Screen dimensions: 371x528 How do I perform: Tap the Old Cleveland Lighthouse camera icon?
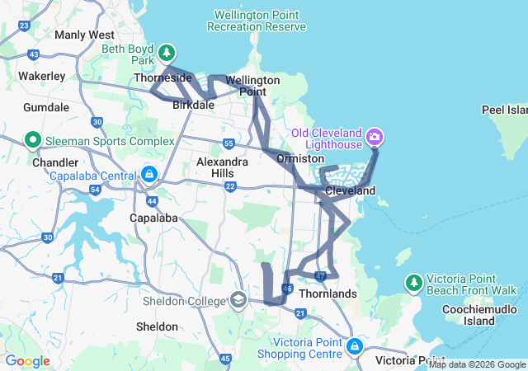pos(375,135)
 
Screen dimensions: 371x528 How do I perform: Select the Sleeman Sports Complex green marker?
pos(33,139)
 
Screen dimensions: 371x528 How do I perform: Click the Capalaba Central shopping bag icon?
pos(149,175)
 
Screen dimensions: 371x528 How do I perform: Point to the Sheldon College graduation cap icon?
pos(238,298)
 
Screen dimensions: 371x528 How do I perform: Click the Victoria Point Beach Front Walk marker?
pos(412,283)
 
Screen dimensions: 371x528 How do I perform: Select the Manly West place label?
pos(84,35)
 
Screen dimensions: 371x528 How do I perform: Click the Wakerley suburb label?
pos(42,76)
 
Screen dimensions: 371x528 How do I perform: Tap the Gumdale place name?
pos(46,108)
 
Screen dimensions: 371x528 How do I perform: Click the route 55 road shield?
pos(229,144)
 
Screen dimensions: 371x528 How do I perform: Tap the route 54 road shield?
pos(96,190)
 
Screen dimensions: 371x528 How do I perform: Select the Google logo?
pos(27,361)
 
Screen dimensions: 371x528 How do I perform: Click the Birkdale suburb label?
pos(194,106)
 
